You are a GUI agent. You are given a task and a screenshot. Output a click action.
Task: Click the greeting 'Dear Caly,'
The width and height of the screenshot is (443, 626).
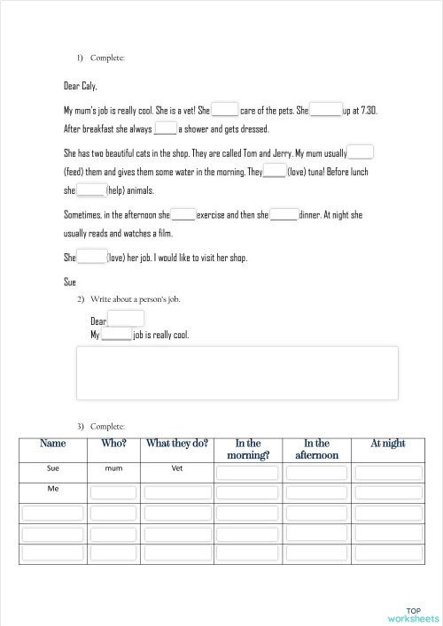81,87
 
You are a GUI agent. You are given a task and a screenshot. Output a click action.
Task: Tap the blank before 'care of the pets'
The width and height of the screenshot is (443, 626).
225,111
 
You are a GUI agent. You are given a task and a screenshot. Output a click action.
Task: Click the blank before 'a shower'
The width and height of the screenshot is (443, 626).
166,128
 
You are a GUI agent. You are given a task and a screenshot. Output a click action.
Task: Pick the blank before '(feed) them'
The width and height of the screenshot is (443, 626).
361,152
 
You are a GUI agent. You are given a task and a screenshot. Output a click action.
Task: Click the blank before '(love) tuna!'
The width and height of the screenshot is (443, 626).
275,171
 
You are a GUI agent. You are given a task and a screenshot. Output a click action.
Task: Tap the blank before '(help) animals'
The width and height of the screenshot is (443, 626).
90,189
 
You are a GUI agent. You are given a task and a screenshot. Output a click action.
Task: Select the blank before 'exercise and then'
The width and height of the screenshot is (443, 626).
183,214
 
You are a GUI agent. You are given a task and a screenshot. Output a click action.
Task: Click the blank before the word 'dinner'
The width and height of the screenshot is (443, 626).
284,214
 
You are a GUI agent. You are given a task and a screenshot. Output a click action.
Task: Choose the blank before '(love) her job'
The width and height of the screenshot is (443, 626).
91,258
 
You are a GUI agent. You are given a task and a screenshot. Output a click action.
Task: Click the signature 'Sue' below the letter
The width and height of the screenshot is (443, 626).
70,282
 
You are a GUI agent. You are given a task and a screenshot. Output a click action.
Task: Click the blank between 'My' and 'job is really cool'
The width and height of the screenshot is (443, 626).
117,336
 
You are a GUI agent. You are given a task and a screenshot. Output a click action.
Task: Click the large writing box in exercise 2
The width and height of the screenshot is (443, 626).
237,373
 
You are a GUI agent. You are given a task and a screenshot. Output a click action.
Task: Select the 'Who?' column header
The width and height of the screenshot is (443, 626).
113,444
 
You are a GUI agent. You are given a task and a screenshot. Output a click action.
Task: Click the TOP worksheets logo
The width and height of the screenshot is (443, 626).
413,614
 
